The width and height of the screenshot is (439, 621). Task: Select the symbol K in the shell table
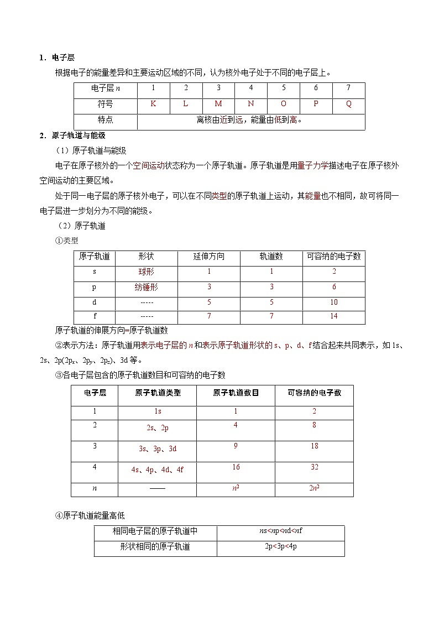click(153, 104)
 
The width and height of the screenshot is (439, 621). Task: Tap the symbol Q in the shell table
click(348, 104)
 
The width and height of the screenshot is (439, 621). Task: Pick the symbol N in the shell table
click(251, 104)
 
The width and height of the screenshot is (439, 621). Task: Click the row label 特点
click(105, 119)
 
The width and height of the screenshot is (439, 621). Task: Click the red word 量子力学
click(312, 165)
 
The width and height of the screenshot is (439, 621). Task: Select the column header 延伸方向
click(209, 257)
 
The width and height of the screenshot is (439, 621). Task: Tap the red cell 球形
click(147, 272)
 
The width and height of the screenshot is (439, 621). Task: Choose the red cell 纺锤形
click(147, 287)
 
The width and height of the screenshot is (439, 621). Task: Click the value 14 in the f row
click(334, 316)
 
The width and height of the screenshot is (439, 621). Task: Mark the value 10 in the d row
click(334, 302)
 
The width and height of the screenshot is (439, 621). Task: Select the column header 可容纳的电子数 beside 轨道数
click(334, 257)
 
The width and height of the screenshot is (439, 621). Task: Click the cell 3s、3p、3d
click(158, 449)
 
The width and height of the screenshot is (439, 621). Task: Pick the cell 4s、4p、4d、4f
click(158, 470)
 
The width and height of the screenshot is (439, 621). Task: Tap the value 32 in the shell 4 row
click(314, 467)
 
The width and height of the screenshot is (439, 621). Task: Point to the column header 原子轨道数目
click(236, 393)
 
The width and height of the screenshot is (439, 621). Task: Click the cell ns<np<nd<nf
click(281, 531)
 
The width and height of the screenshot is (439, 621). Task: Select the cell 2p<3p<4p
click(281, 547)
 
